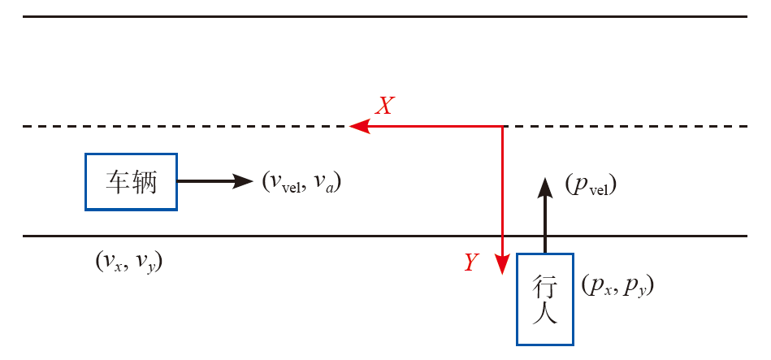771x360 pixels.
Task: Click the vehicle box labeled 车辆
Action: (x=132, y=181)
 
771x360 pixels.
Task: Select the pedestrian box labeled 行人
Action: (x=544, y=299)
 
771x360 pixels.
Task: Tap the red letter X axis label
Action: (x=385, y=106)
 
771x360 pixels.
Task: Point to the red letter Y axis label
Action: (x=471, y=262)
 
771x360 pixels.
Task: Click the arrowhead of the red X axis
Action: (x=358, y=126)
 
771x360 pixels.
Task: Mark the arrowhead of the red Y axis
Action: (x=503, y=269)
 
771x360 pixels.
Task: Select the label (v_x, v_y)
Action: (x=129, y=262)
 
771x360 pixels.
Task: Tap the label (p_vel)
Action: (x=591, y=186)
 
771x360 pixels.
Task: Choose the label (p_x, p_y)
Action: (x=618, y=286)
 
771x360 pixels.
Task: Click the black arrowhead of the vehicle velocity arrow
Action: (x=245, y=181)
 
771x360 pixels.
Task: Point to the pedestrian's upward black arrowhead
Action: (x=545, y=184)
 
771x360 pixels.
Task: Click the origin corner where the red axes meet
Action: (x=503, y=126)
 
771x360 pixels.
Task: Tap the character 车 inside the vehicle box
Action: (x=117, y=182)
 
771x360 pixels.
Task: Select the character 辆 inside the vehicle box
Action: (x=146, y=182)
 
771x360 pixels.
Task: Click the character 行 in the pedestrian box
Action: (x=544, y=286)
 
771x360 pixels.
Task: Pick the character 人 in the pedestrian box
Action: (x=544, y=314)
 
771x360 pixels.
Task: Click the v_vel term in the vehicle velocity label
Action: (x=281, y=183)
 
